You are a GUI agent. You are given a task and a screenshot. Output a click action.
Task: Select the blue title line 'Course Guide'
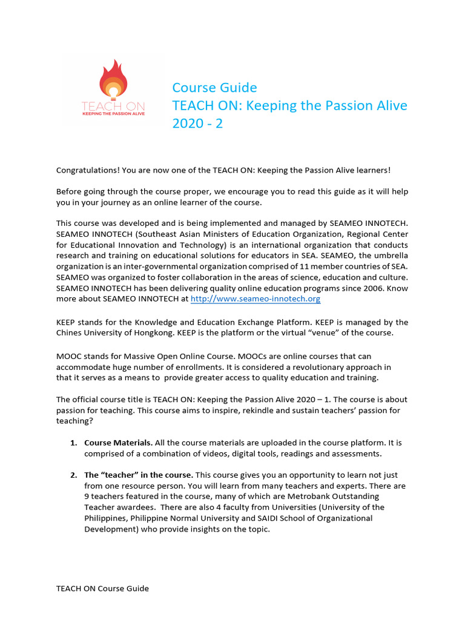click(x=214, y=88)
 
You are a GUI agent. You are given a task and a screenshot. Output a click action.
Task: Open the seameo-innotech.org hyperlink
click(x=255, y=299)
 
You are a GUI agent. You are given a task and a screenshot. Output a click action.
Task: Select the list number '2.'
click(x=74, y=475)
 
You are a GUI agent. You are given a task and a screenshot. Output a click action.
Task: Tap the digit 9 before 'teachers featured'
click(x=87, y=496)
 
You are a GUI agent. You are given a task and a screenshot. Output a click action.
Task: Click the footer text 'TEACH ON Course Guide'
click(x=102, y=588)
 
